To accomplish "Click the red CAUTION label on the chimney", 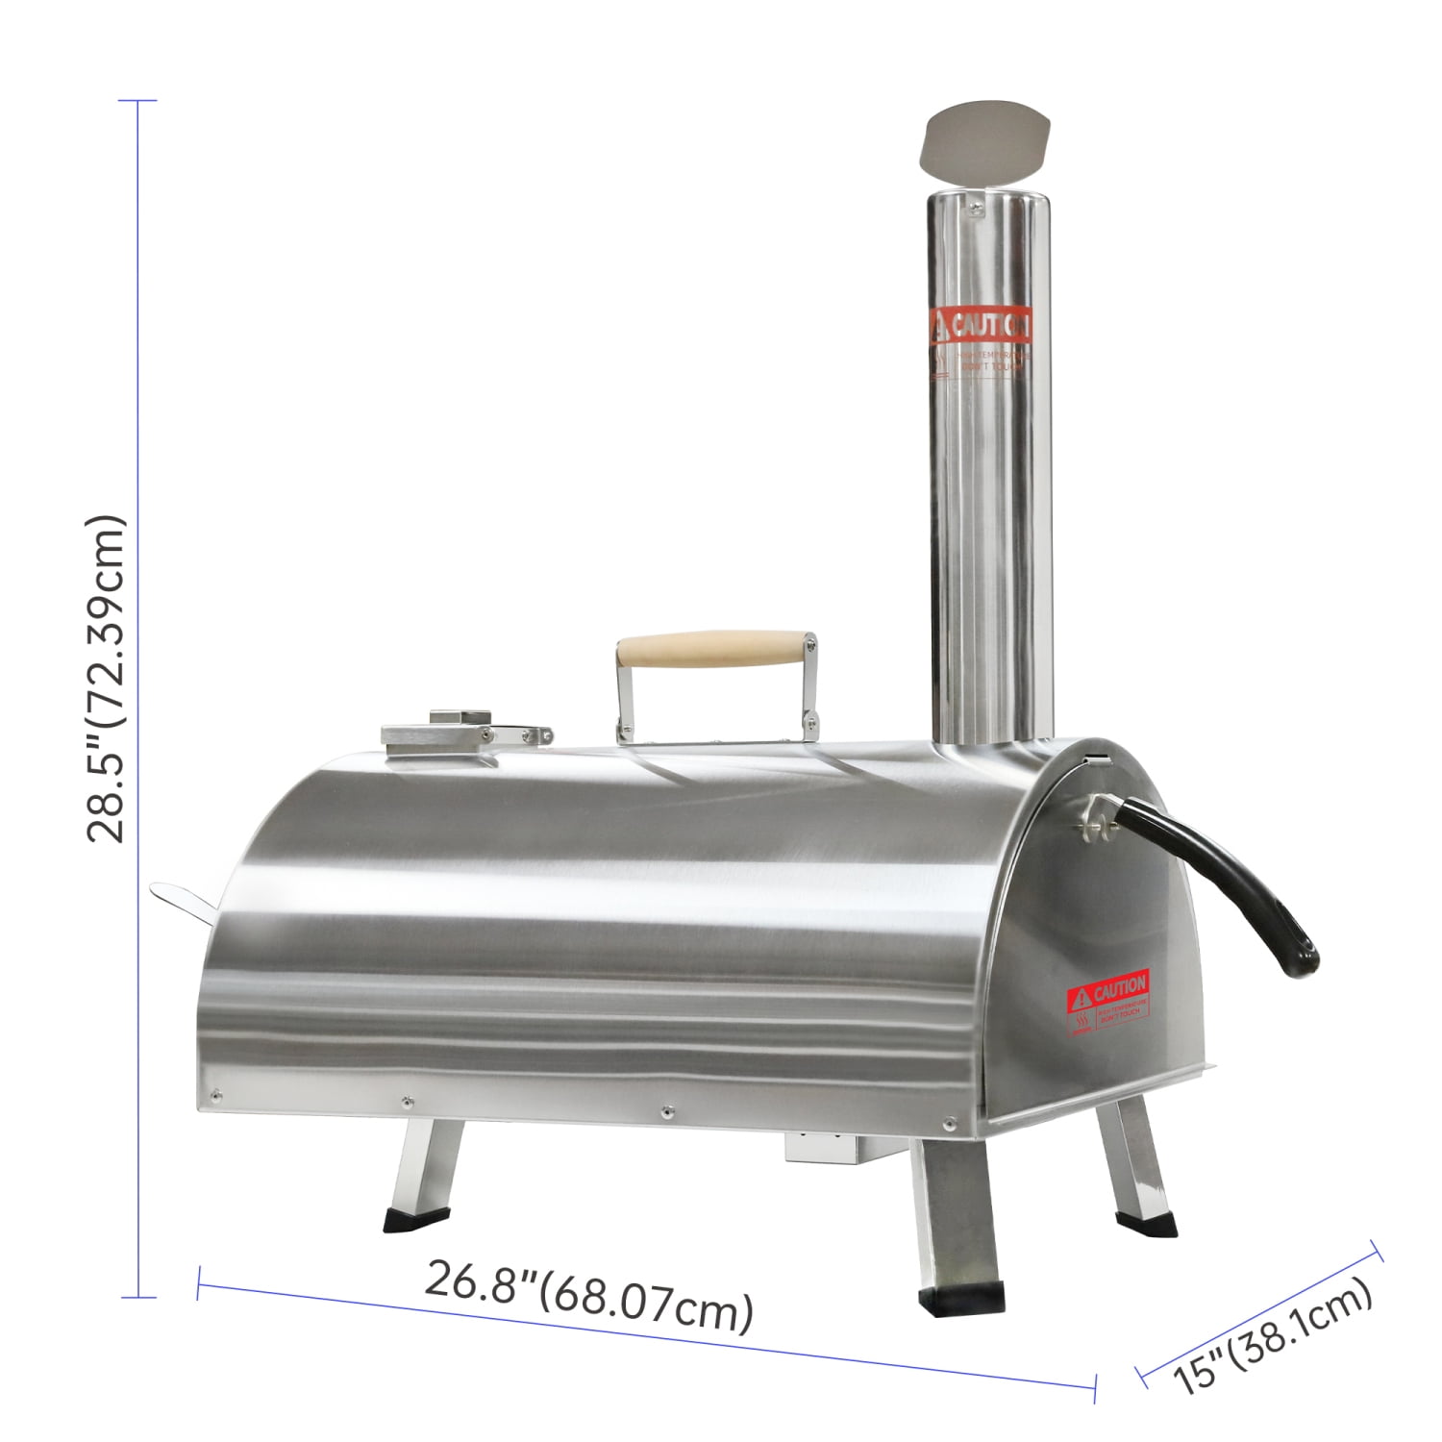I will (980, 327).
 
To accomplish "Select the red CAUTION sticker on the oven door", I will (1108, 988).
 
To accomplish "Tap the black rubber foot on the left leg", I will (411, 1221).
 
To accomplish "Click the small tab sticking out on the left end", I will (183, 898).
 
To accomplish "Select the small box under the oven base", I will (827, 1146).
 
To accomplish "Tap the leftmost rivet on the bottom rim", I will (217, 1095).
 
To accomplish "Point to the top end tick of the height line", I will (139, 101).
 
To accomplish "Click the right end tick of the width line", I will (1095, 1387).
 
